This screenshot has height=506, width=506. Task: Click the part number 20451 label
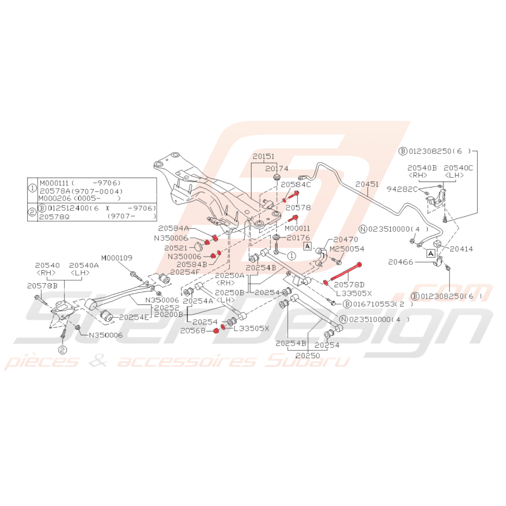(367, 184)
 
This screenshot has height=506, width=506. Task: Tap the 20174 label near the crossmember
(277, 169)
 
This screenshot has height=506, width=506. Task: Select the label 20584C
(296, 185)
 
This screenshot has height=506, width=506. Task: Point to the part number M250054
(347, 249)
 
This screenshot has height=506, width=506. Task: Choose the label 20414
(462, 249)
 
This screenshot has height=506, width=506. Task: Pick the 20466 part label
(401, 262)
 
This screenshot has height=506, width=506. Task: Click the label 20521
(178, 247)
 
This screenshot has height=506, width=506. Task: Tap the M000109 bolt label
(116, 257)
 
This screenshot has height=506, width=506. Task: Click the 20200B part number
(169, 314)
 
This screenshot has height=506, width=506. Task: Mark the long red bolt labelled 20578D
(343, 273)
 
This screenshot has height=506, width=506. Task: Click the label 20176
(298, 238)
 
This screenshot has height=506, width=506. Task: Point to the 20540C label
(458, 168)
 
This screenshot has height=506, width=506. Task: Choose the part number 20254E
(134, 316)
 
